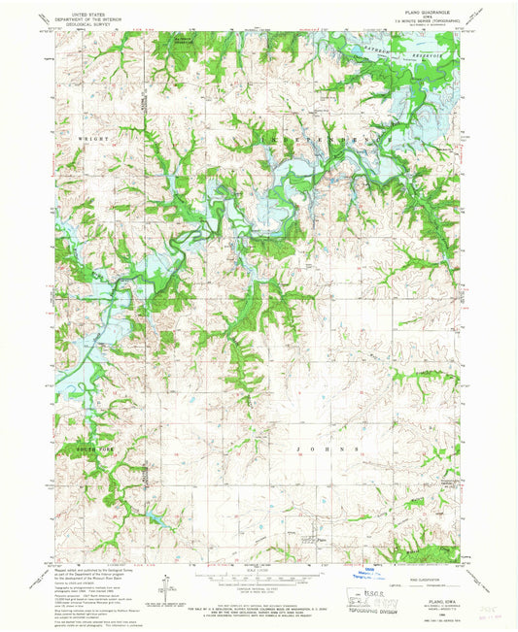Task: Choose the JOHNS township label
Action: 325,449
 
